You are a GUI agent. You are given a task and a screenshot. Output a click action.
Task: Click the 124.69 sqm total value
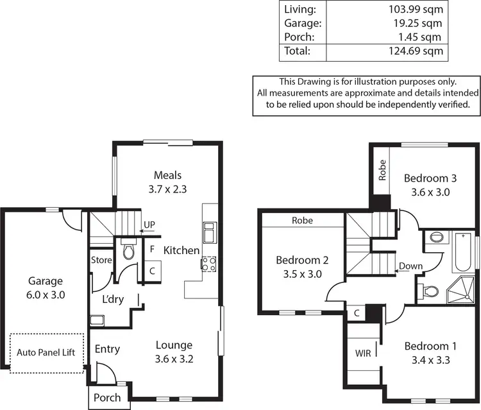pyautogui.click(x=416, y=51)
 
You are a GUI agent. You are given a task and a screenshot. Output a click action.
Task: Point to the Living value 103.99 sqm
pyautogui.click(x=416, y=9)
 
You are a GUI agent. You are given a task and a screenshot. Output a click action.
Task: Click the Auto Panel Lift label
pyautogui.click(x=46, y=352)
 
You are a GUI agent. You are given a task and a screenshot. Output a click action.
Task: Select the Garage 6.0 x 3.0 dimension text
pyautogui.click(x=45, y=295)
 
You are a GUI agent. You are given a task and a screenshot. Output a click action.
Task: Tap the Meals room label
pyautogui.click(x=168, y=175)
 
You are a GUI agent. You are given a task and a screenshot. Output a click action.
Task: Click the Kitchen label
pyautogui.click(x=181, y=250)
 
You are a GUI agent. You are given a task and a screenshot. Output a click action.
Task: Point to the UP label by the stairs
pyautogui.click(x=149, y=225)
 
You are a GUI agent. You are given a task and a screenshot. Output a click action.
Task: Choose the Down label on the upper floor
pyautogui.click(x=410, y=266)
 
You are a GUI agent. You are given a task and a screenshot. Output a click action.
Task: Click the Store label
pyautogui.click(x=101, y=261)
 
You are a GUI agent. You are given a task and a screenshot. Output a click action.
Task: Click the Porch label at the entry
pyautogui.click(x=107, y=398)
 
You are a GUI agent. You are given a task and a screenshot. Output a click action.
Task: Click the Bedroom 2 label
pyautogui.click(x=303, y=260)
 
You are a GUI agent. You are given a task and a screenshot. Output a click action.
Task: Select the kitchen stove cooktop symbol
pyautogui.click(x=209, y=264)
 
